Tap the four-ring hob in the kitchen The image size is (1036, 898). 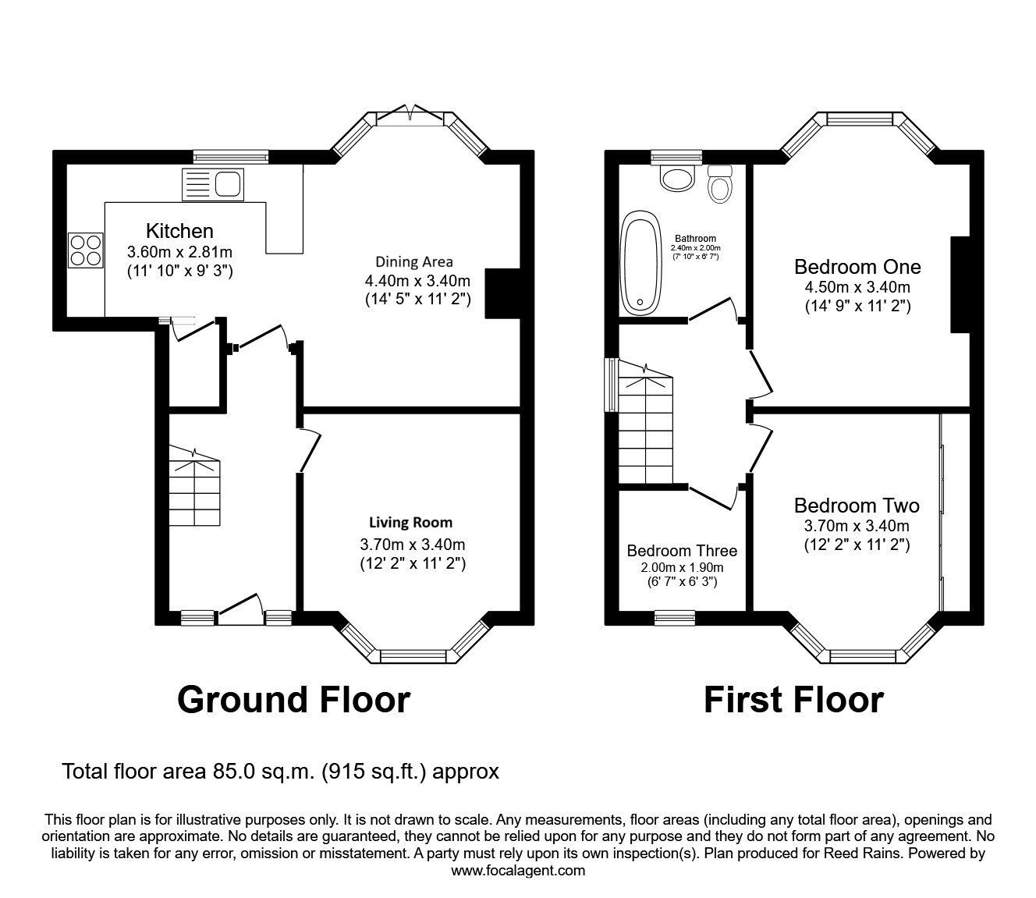pos(86,250)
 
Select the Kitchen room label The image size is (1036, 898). pos(179,231)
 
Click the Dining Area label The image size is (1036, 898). pos(414,261)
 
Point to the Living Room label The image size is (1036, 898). pos(410,523)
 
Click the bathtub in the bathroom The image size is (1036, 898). pos(640,261)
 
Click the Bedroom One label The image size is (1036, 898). pos(857,267)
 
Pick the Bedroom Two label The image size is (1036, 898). pos(857,506)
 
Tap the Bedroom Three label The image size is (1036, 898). pos(682,551)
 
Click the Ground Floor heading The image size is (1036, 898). pos(293,700)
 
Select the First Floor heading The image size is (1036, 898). pos(793,700)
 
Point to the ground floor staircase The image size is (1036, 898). pos(194,492)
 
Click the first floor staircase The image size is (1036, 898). pos(645,429)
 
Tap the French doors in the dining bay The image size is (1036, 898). pos(411,115)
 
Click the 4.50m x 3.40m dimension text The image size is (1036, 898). pos(857,287)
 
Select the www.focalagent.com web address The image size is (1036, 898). pos(518,871)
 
